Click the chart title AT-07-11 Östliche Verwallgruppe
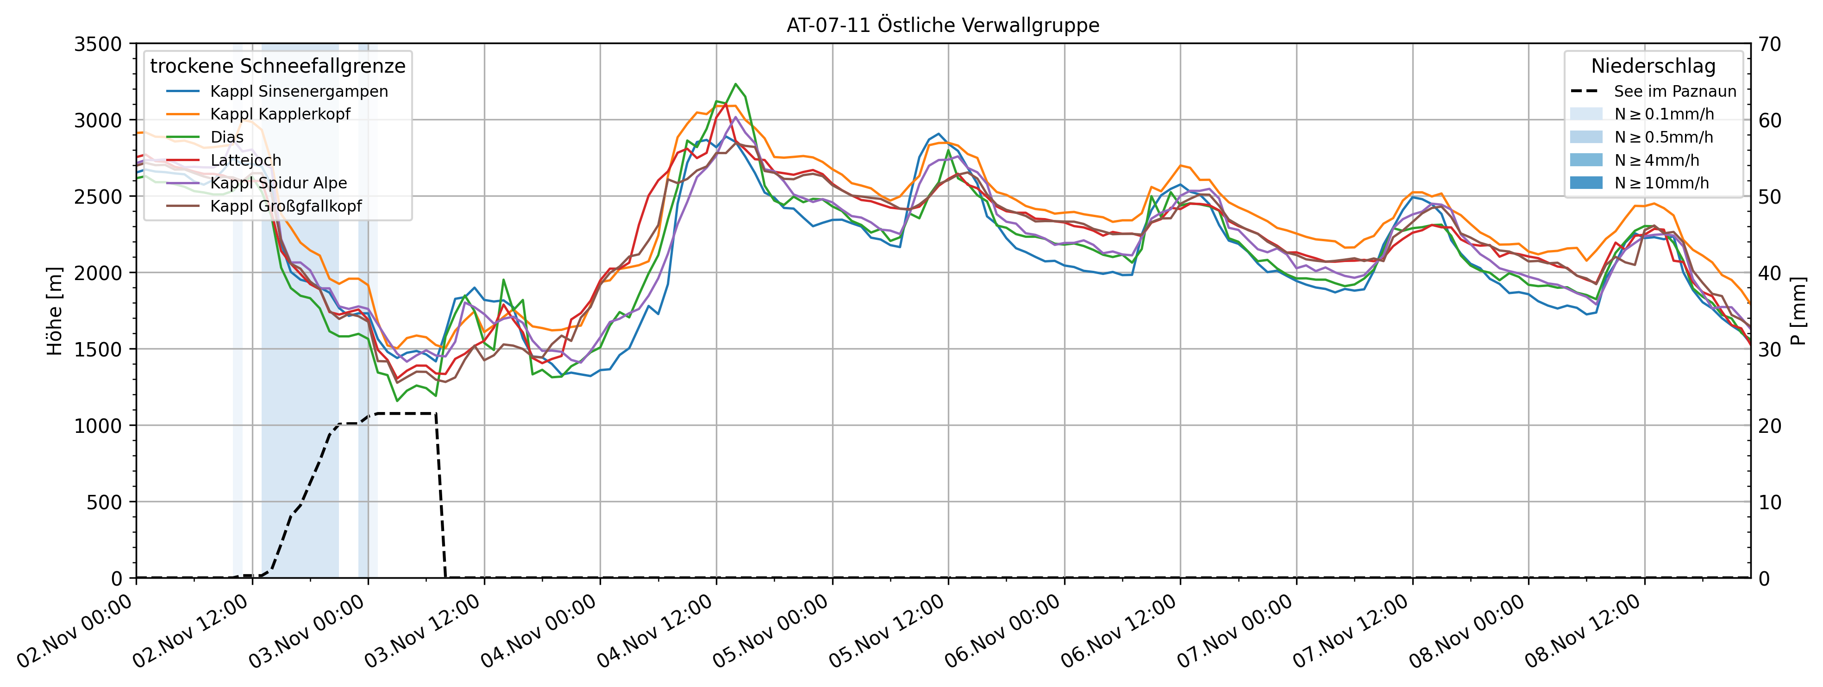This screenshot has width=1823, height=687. pyautogui.click(x=943, y=25)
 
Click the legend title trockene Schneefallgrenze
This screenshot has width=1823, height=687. pyautogui.click(x=277, y=66)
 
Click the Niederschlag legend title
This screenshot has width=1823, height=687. pyautogui.click(x=1653, y=66)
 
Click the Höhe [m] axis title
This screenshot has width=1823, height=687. pyautogui.click(x=54, y=311)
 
